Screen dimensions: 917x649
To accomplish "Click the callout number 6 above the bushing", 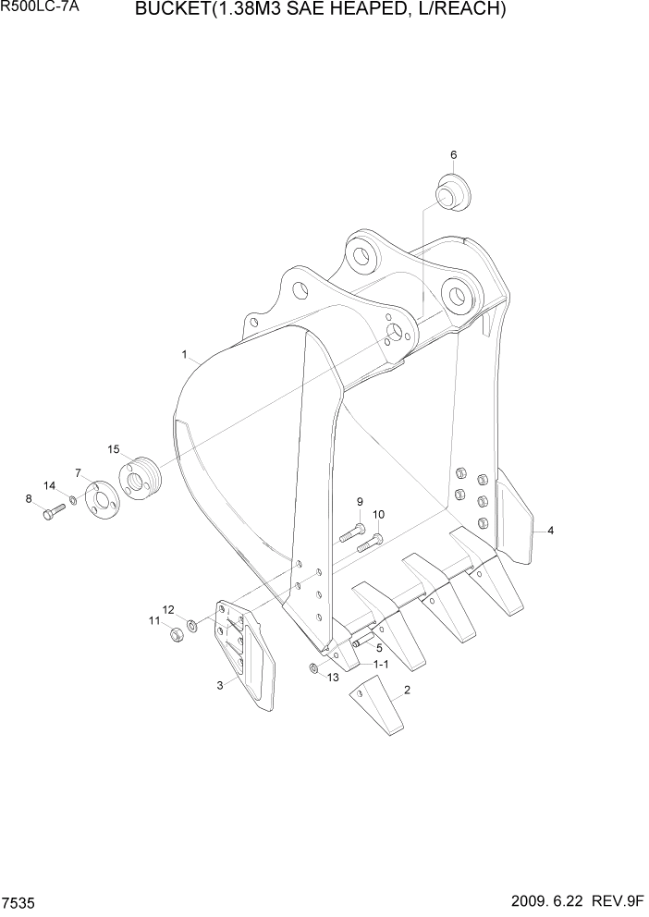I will pyautogui.click(x=453, y=154).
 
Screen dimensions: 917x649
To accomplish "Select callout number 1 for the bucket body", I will pyautogui.click(x=185, y=354).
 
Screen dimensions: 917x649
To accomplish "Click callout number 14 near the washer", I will pyautogui.click(x=50, y=485).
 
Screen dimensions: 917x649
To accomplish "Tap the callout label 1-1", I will pyautogui.click(x=381, y=665).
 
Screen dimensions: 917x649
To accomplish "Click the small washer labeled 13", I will pyautogui.click(x=314, y=670).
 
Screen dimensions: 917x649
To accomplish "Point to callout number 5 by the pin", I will pyautogui.click(x=379, y=648).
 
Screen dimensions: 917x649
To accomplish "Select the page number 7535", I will pyautogui.click(x=20, y=900).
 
